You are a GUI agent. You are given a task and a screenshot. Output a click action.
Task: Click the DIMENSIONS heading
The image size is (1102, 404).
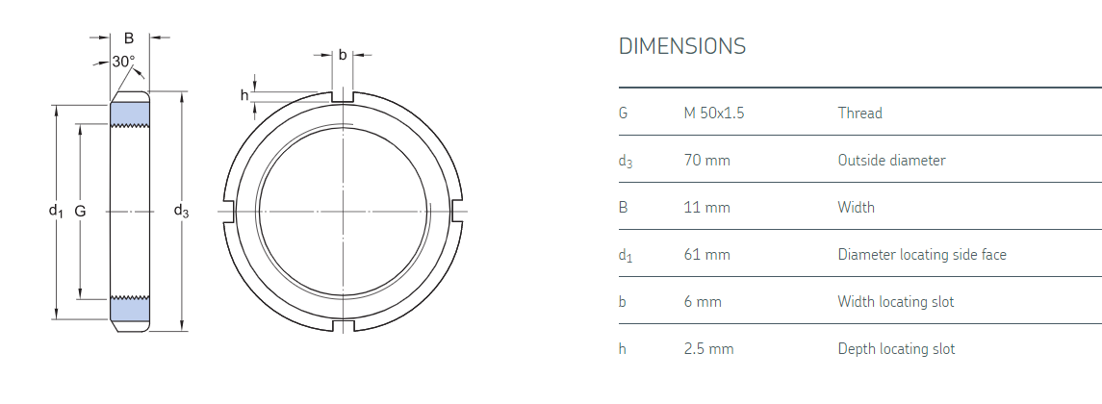681,46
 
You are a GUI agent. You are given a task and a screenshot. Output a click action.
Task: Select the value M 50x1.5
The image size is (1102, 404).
713,114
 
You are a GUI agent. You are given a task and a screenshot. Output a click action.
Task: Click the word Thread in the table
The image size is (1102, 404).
859,114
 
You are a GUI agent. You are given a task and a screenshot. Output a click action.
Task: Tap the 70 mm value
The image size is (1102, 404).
706,161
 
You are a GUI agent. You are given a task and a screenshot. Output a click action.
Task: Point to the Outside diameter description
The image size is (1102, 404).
891,161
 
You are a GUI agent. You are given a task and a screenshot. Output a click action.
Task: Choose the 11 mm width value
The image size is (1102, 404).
706,208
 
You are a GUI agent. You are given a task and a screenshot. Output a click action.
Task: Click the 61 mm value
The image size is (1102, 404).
706,255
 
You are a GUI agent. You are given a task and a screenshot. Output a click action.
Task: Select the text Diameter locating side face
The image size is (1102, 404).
921,255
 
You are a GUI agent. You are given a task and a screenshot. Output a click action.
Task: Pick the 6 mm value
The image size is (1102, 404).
702,302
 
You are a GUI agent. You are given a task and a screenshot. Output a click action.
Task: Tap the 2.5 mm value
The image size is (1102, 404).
708,349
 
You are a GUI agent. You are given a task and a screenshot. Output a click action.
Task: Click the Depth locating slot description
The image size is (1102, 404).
896,349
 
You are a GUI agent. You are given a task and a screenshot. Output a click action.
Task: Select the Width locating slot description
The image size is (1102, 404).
895,302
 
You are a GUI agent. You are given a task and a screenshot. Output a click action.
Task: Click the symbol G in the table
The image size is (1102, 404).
624,114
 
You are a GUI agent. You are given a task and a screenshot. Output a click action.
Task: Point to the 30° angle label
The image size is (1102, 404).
123,62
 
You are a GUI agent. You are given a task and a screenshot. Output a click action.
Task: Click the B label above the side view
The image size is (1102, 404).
128,38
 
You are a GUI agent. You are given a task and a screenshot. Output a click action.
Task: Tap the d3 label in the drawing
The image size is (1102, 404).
181,211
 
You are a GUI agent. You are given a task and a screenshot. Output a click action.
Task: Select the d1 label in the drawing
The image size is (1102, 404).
56,211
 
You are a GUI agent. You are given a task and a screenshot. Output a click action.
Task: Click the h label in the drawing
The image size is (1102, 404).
244,94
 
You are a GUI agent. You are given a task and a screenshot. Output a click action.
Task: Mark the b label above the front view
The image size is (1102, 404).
343,55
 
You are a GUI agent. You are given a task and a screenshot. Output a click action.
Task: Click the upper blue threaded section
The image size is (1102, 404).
130,114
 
